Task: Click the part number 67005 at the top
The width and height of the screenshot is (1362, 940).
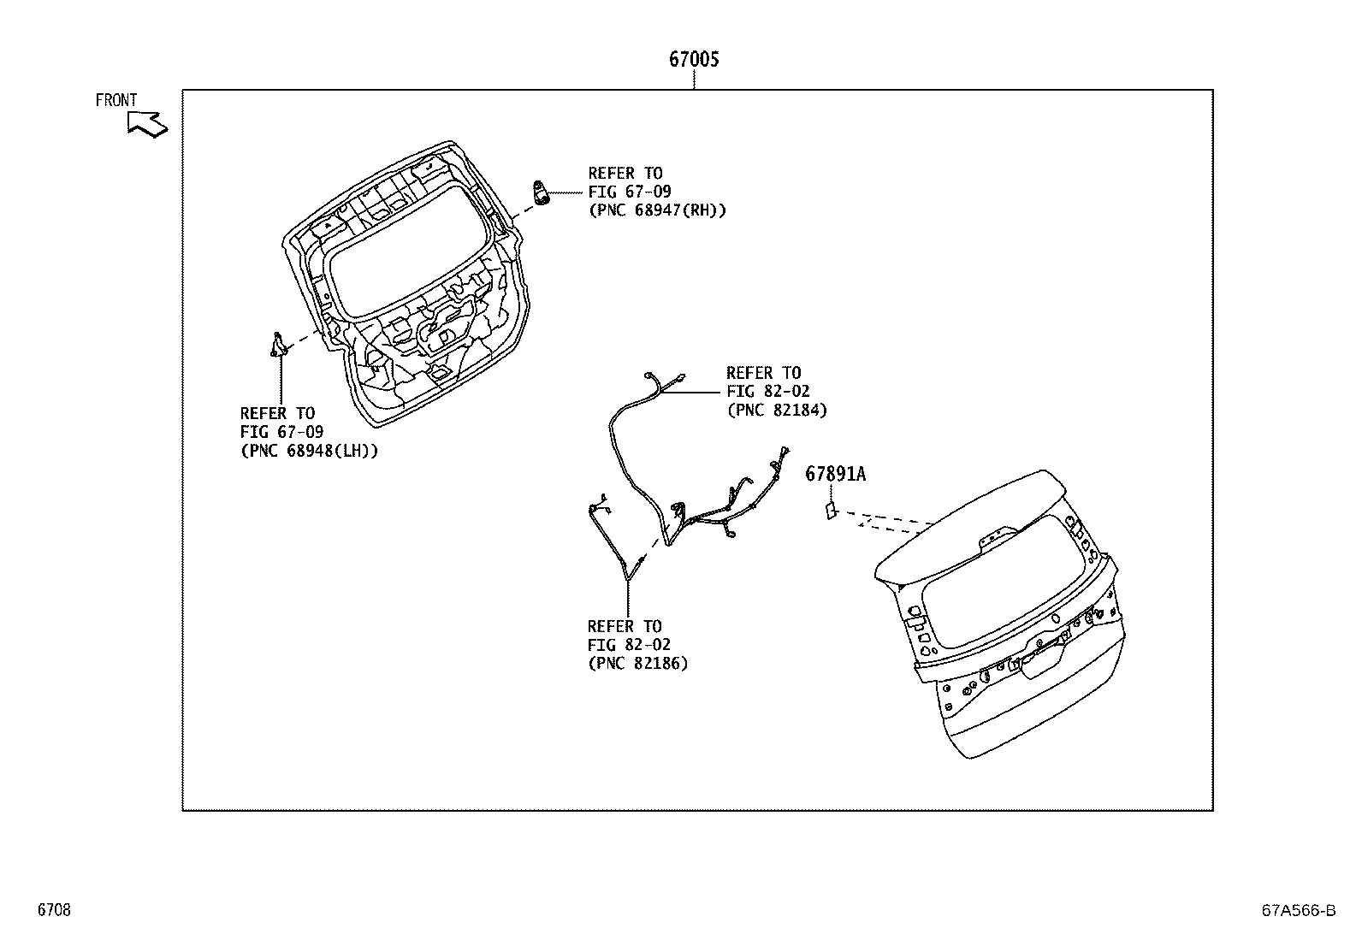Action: pyautogui.click(x=694, y=59)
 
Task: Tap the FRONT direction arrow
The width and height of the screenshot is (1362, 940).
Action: pyautogui.click(x=148, y=124)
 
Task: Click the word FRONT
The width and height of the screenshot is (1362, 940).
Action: pyautogui.click(x=116, y=100)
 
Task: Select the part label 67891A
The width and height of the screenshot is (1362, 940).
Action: pyautogui.click(x=835, y=474)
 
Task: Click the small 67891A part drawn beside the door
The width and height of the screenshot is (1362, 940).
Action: pyautogui.click(x=831, y=510)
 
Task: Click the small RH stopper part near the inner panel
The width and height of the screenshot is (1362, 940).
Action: pyautogui.click(x=540, y=192)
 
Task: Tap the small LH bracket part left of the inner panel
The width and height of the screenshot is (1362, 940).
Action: pyautogui.click(x=278, y=344)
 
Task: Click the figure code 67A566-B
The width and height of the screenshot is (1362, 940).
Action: pyautogui.click(x=1298, y=910)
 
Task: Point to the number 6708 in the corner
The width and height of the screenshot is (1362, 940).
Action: pyautogui.click(x=54, y=909)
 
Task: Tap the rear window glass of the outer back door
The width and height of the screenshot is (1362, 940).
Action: pyautogui.click(x=1004, y=582)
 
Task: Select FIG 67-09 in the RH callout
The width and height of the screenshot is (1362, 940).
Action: pyautogui.click(x=630, y=192)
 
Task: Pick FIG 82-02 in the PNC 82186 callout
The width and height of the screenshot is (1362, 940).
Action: pyautogui.click(x=629, y=644)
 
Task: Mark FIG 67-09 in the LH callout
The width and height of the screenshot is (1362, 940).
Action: pyautogui.click(x=281, y=432)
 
